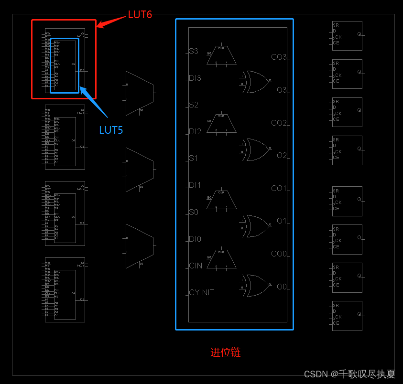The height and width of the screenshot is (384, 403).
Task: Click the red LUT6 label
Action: click(140, 15)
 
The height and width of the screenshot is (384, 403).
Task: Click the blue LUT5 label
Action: click(111, 130)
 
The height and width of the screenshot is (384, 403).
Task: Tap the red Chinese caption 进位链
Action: click(226, 352)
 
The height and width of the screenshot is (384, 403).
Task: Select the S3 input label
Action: click(193, 51)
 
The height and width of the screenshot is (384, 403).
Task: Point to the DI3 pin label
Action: click(195, 78)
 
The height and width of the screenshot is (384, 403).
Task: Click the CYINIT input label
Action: click(201, 292)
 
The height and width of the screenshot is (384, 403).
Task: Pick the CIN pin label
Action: click(196, 266)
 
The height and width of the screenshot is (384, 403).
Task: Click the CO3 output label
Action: click(279, 57)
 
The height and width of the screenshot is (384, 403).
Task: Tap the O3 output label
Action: click(282, 90)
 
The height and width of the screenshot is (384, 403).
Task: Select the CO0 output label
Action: click(279, 254)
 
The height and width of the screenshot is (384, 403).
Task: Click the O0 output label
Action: click(282, 287)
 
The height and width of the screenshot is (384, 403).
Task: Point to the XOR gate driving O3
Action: click(256, 82)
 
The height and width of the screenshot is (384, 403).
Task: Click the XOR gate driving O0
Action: click(256, 286)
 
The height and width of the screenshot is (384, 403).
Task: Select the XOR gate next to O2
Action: click(256, 149)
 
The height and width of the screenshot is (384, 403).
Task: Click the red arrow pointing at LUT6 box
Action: click(111, 21)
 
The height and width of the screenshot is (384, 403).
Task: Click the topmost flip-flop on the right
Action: click(347, 36)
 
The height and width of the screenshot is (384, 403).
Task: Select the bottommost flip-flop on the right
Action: click(347, 316)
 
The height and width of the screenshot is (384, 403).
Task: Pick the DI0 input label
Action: click(195, 239)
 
